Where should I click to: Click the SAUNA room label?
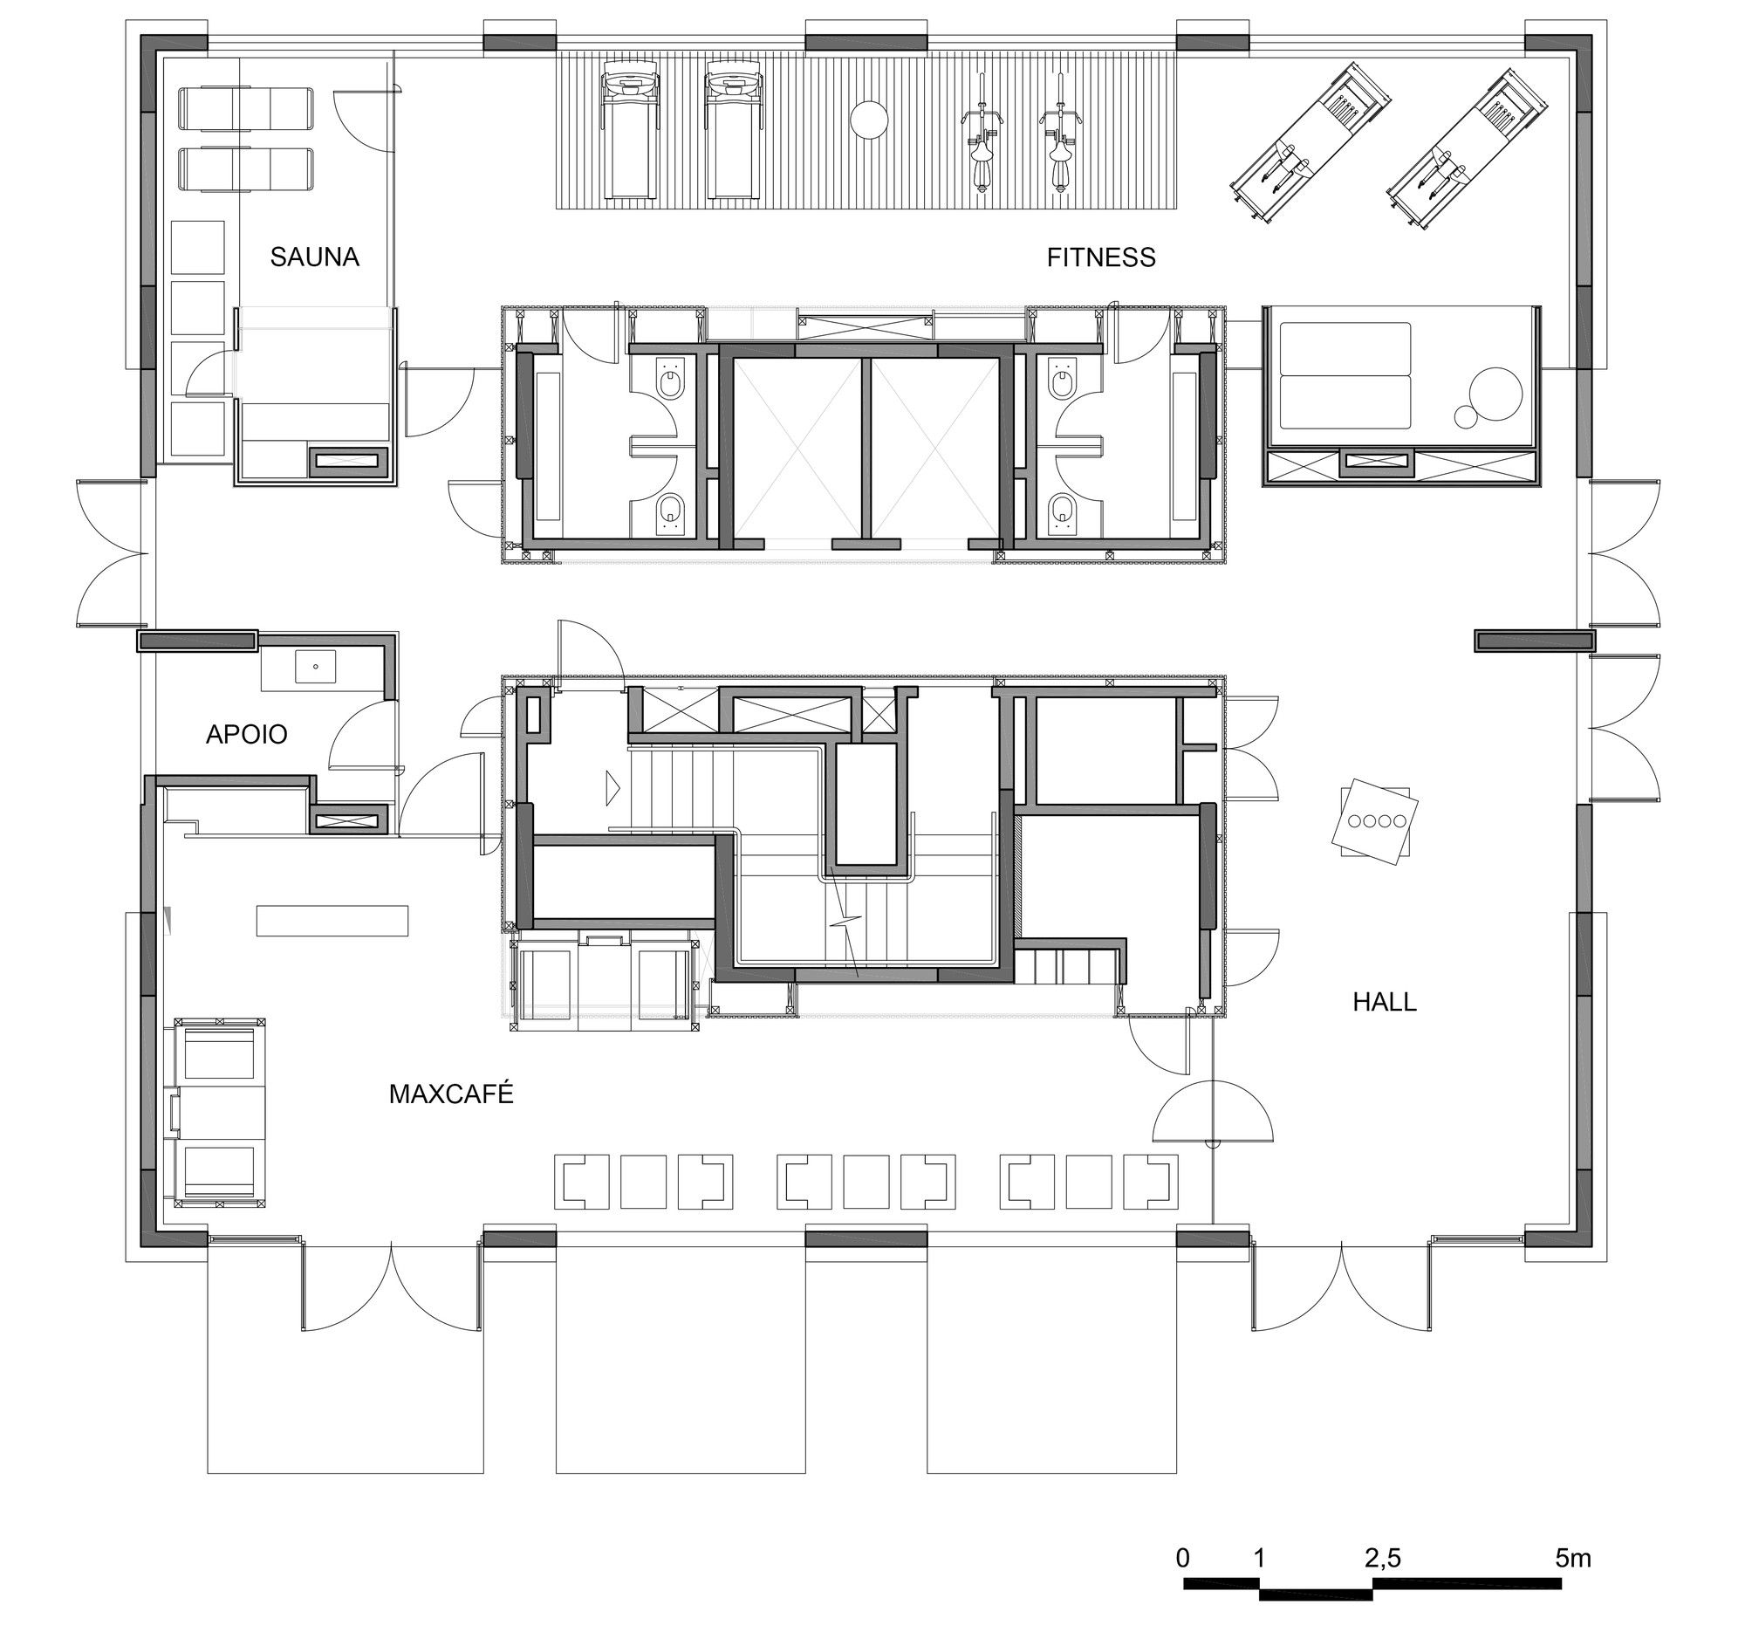click(x=314, y=257)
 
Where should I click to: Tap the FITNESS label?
click(x=1101, y=257)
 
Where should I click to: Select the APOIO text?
click(x=247, y=734)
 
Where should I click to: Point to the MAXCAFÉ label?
click(x=450, y=1094)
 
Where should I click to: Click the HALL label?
click(x=1385, y=1002)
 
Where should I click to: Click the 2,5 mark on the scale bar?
click(x=1383, y=1558)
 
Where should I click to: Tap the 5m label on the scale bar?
click(x=1573, y=1558)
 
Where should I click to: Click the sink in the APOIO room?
click(x=314, y=666)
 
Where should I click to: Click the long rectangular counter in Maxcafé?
click(x=332, y=920)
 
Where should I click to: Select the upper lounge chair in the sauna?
click(x=246, y=109)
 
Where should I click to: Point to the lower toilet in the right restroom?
click(x=1060, y=511)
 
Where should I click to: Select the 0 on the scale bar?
click(x=1183, y=1558)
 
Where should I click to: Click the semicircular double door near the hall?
click(x=1212, y=1113)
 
